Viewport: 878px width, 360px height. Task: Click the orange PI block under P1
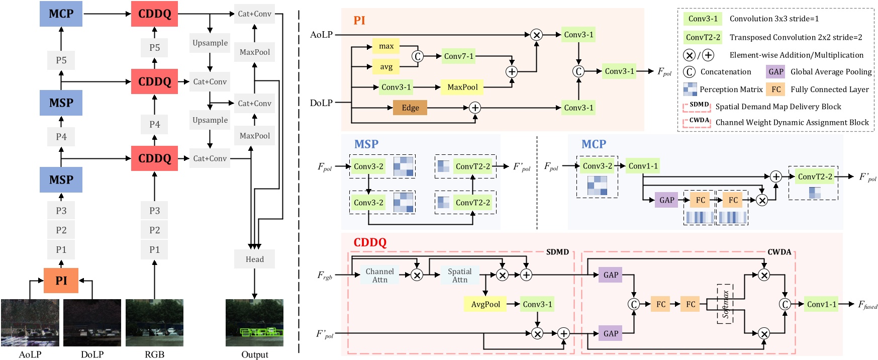click(x=61, y=281)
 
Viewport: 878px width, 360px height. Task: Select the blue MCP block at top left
click(x=61, y=14)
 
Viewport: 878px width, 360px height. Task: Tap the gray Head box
click(x=254, y=259)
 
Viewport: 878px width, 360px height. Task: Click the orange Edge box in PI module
click(x=410, y=108)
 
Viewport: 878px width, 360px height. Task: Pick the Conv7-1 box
click(x=458, y=56)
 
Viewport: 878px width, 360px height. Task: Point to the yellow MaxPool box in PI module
click(x=462, y=87)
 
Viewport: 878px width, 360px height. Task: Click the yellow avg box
click(x=386, y=67)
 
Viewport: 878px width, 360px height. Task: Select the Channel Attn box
click(x=379, y=275)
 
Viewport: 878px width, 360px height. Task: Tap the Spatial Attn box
click(x=459, y=275)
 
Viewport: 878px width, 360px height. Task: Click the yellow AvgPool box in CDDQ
click(x=485, y=304)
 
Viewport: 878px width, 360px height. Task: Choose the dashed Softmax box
click(x=725, y=304)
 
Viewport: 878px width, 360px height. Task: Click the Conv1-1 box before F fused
click(x=821, y=304)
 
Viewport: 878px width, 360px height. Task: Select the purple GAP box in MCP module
click(x=666, y=200)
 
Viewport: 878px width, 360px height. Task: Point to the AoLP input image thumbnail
click(x=30, y=323)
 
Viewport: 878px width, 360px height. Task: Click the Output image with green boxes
click(x=254, y=323)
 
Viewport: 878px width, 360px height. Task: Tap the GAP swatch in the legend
click(x=775, y=72)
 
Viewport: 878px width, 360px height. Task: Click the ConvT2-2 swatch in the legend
click(x=703, y=37)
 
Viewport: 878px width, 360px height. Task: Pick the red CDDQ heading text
click(x=370, y=242)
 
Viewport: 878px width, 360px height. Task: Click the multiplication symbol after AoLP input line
click(x=536, y=35)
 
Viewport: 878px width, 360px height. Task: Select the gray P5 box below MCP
click(x=61, y=60)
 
